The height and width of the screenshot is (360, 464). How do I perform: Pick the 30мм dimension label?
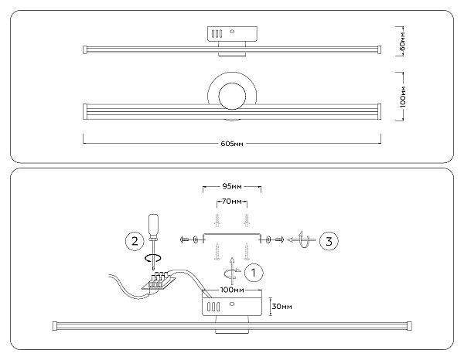point(282,307)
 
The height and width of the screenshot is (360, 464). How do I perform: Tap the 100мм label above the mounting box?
point(231,290)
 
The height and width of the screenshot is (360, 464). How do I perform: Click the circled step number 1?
point(254,272)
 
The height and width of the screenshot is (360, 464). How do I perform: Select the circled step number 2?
point(135,241)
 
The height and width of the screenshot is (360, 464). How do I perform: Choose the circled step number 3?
point(328,241)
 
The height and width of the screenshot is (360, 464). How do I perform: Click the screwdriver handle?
point(154,225)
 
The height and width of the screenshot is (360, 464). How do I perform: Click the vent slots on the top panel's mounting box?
point(218,35)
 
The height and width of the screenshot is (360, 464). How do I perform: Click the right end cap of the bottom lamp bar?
point(409,325)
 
